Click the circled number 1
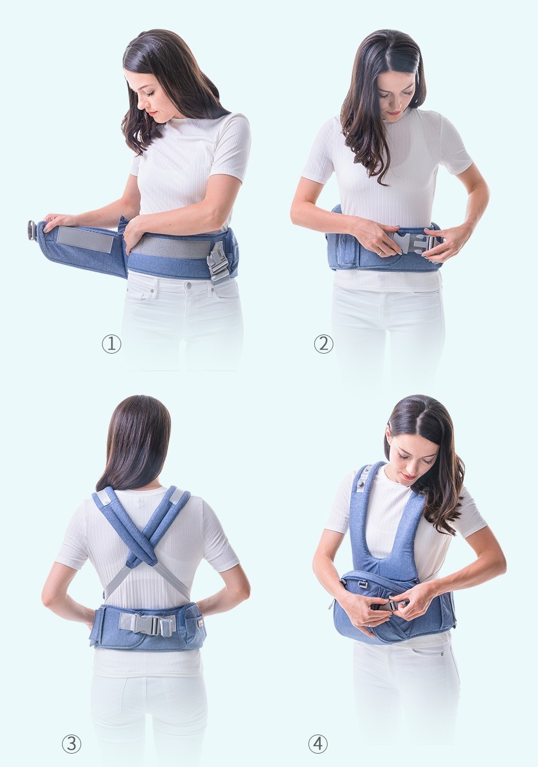112,344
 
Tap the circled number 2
323,344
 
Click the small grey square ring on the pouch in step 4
360,583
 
